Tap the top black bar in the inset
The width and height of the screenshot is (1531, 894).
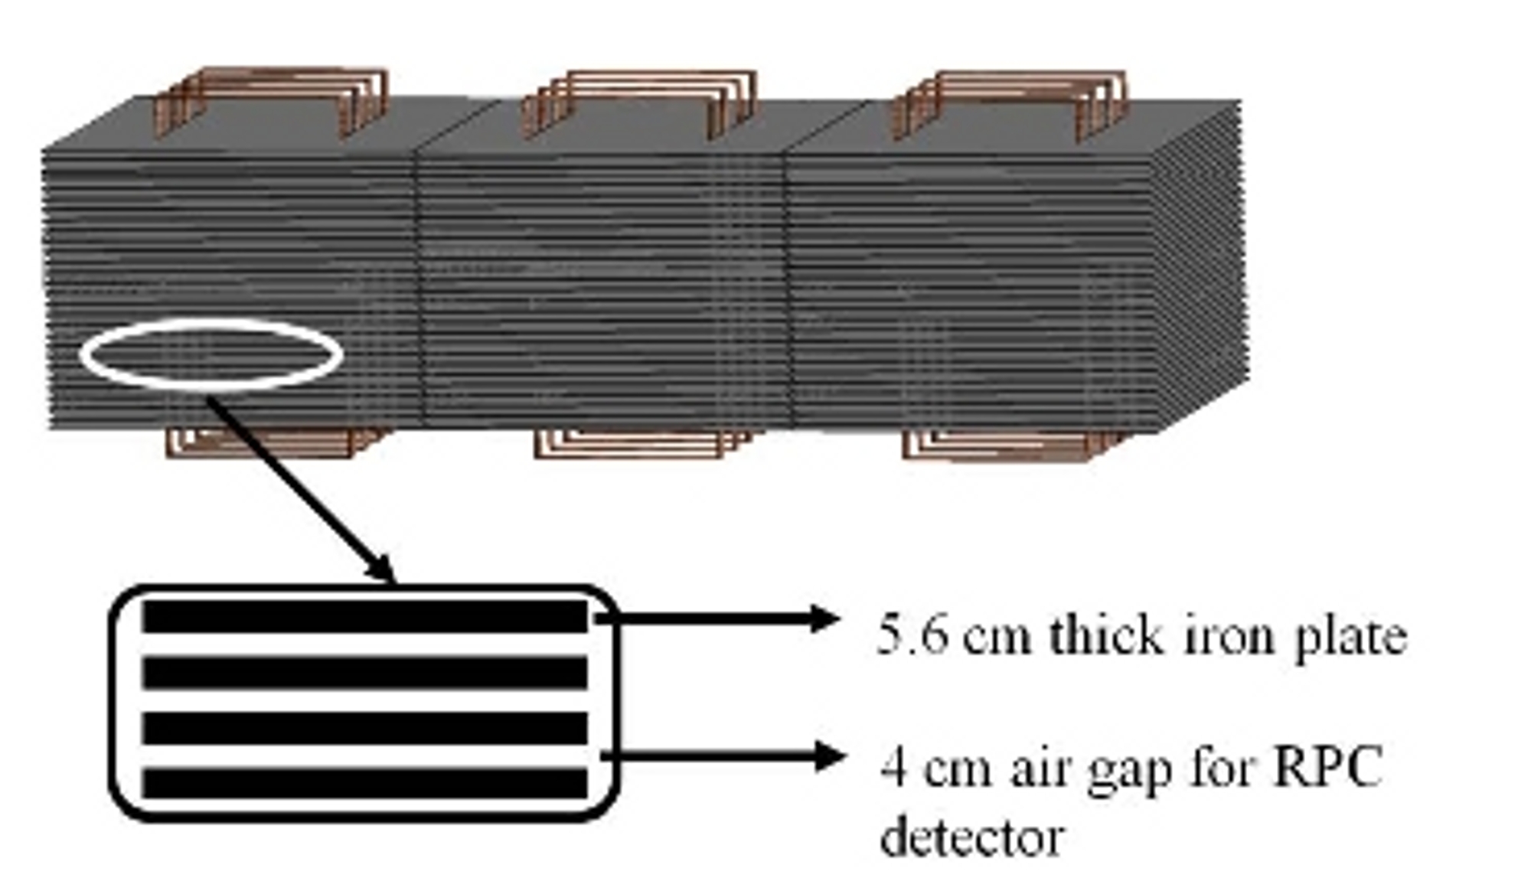364,617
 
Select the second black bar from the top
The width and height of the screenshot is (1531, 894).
364,673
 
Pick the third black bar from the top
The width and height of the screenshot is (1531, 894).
364,728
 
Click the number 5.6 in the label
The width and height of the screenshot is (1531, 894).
912,635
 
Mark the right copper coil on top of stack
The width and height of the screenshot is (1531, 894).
1009,103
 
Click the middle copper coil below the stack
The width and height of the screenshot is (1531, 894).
639,443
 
